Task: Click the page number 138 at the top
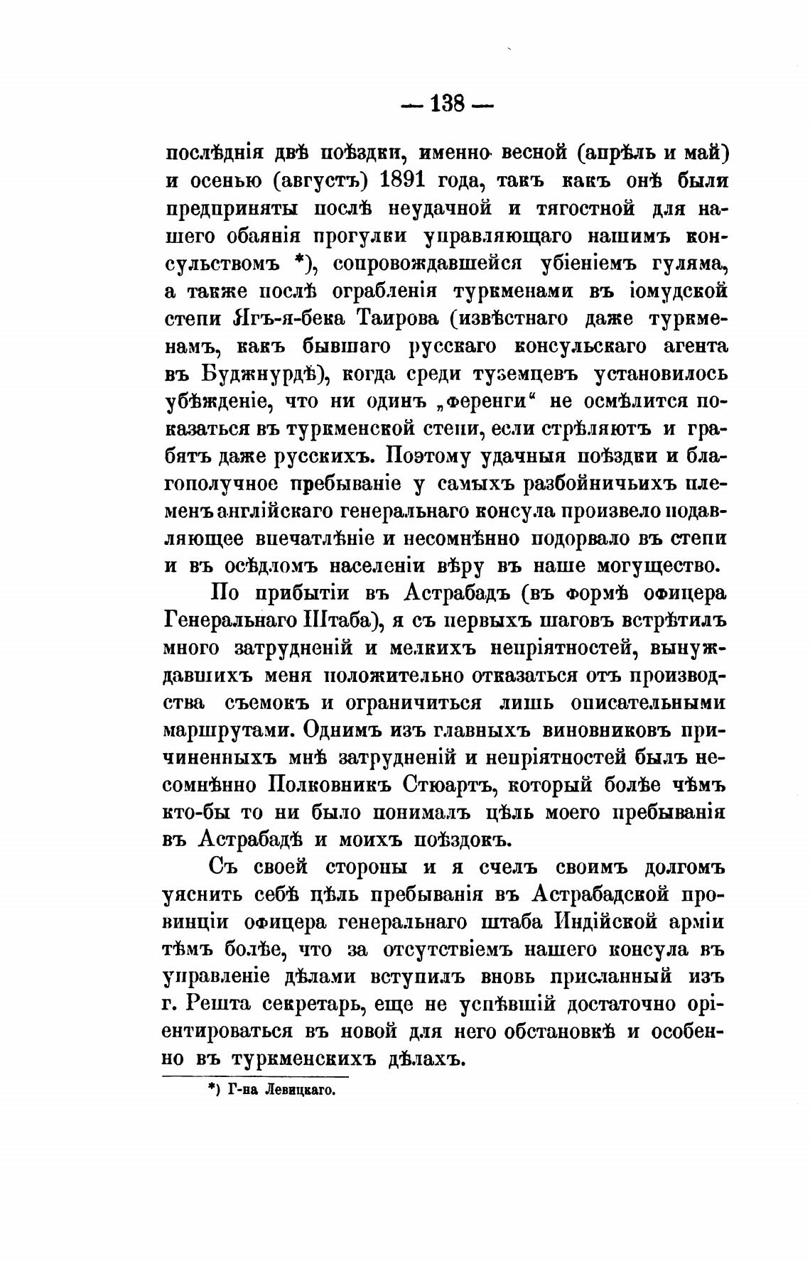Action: click(x=447, y=105)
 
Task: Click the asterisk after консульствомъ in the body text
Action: click(x=299, y=261)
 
